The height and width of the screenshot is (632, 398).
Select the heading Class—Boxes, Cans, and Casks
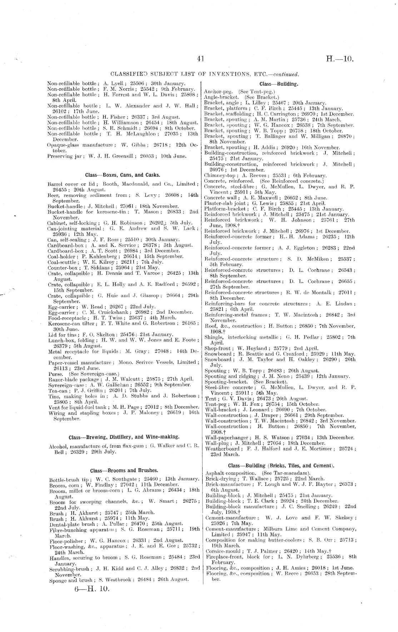pyautogui.click(x=122, y=175)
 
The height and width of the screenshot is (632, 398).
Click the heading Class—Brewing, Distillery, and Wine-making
pyautogui.click(x=124, y=437)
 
